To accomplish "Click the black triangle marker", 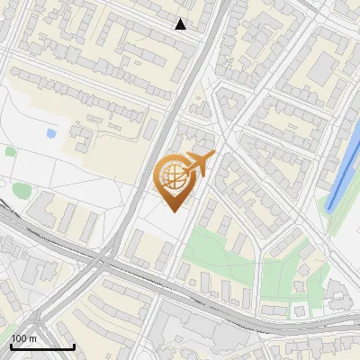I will [x=181, y=24].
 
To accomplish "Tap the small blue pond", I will [x=50, y=134].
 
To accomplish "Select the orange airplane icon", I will [x=199, y=165].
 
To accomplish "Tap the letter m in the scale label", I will [x=32, y=338].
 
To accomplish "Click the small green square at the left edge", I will [x=10, y=151].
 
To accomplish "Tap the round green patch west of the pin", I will [x=22, y=190].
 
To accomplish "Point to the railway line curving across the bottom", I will [x=180, y=301].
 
